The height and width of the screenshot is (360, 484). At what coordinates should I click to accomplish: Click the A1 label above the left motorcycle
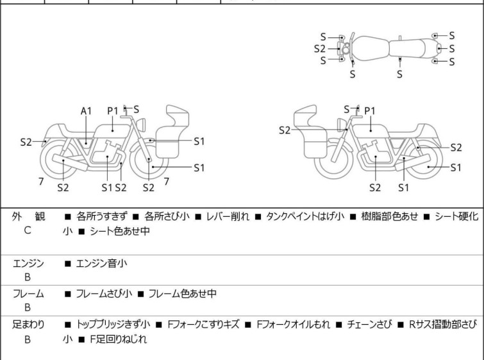click(x=86, y=111)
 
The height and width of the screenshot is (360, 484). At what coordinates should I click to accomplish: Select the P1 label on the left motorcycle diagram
click(x=113, y=111)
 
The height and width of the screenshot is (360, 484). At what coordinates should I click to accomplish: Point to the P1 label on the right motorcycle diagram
click(x=369, y=111)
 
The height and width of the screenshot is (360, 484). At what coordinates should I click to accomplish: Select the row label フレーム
click(x=28, y=294)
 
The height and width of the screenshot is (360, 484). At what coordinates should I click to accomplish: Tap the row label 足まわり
click(x=28, y=325)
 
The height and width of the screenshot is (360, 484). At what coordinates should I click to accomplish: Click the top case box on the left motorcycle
click(x=178, y=117)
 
